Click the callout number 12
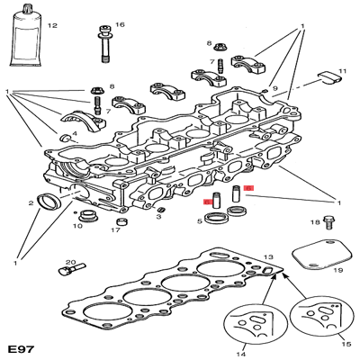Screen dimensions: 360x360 51,26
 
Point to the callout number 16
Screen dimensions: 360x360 120,24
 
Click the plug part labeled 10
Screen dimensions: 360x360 88,216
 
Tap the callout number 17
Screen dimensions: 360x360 115,230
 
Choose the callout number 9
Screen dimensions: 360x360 275,89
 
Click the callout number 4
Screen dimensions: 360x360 75,133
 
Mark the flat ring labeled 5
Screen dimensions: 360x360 217,220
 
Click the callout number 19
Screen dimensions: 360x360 338,268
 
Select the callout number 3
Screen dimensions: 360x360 158,217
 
